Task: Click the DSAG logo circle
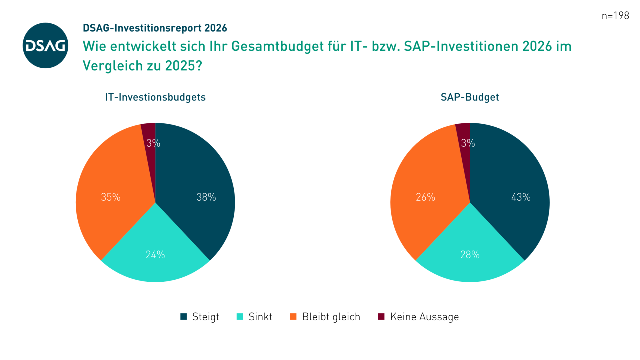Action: tap(46, 45)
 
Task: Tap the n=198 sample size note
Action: tap(615, 15)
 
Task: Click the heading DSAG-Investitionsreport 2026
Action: tap(155, 28)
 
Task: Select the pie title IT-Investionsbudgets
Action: tap(155, 97)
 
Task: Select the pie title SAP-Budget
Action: tap(470, 97)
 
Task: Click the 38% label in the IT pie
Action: tap(206, 197)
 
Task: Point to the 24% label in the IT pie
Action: tap(155, 255)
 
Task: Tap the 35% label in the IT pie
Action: tap(111, 197)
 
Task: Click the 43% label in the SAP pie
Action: tap(521, 197)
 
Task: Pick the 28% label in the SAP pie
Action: tap(470, 255)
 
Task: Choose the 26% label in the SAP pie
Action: tap(425, 197)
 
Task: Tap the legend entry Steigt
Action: tap(200, 317)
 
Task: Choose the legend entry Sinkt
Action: tap(254, 317)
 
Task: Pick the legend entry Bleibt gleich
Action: tap(325, 317)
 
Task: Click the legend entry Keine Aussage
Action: tap(418, 317)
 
